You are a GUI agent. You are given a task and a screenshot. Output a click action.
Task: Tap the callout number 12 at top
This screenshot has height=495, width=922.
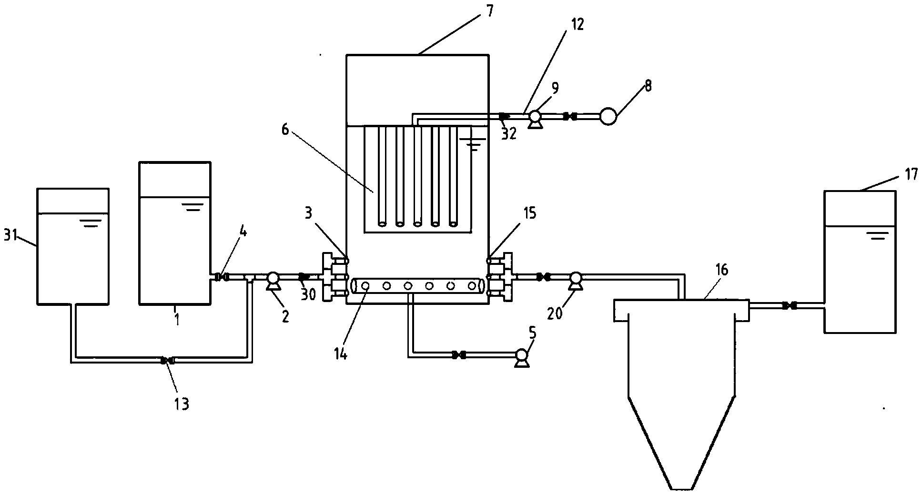(x=578, y=24)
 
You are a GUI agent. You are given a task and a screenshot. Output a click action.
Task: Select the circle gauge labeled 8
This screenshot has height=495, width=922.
(x=608, y=116)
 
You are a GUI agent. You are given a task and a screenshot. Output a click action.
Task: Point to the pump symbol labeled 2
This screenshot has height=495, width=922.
(x=273, y=281)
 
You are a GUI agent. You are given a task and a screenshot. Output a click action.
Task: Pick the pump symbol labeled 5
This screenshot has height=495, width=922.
(x=521, y=358)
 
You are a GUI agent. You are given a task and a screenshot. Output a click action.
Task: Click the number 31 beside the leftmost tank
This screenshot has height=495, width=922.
(x=11, y=235)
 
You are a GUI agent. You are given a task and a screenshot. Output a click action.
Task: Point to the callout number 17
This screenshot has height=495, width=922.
(x=911, y=175)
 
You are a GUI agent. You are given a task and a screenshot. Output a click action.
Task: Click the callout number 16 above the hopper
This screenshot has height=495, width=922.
(x=721, y=270)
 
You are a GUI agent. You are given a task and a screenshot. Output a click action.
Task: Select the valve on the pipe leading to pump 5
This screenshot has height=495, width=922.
(x=459, y=354)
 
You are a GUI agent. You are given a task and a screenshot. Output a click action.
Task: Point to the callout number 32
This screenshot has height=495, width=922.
(x=509, y=134)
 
